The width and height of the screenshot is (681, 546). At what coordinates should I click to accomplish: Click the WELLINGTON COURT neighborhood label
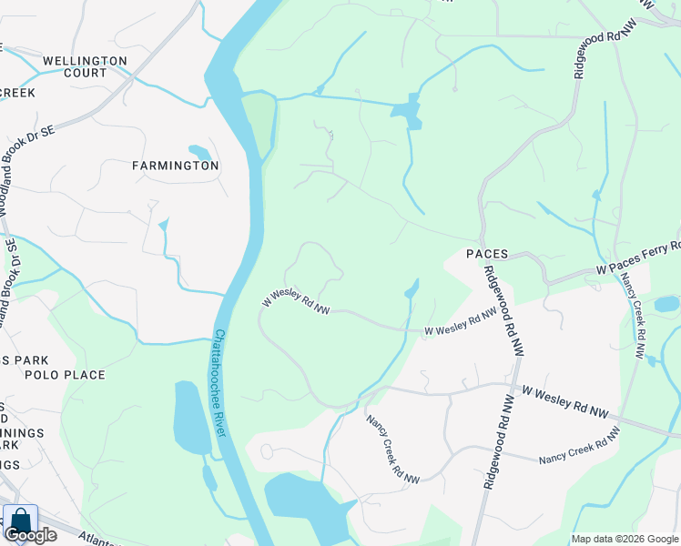pos(86,66)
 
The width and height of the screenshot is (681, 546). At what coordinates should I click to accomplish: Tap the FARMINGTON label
pos(175,166)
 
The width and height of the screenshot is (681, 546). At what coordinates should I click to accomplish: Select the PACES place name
pos(486,254)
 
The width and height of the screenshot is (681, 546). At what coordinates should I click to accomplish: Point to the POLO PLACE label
pos(66,375)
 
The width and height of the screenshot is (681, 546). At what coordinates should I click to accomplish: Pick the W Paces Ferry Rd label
pos(638,259)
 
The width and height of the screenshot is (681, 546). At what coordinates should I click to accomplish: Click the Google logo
pos(30,535)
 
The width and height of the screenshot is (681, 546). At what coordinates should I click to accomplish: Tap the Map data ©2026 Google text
pos(624,539)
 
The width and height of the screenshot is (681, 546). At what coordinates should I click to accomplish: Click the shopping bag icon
pos(20,521)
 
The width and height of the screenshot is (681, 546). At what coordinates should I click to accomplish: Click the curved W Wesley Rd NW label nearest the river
pos(296,303)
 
